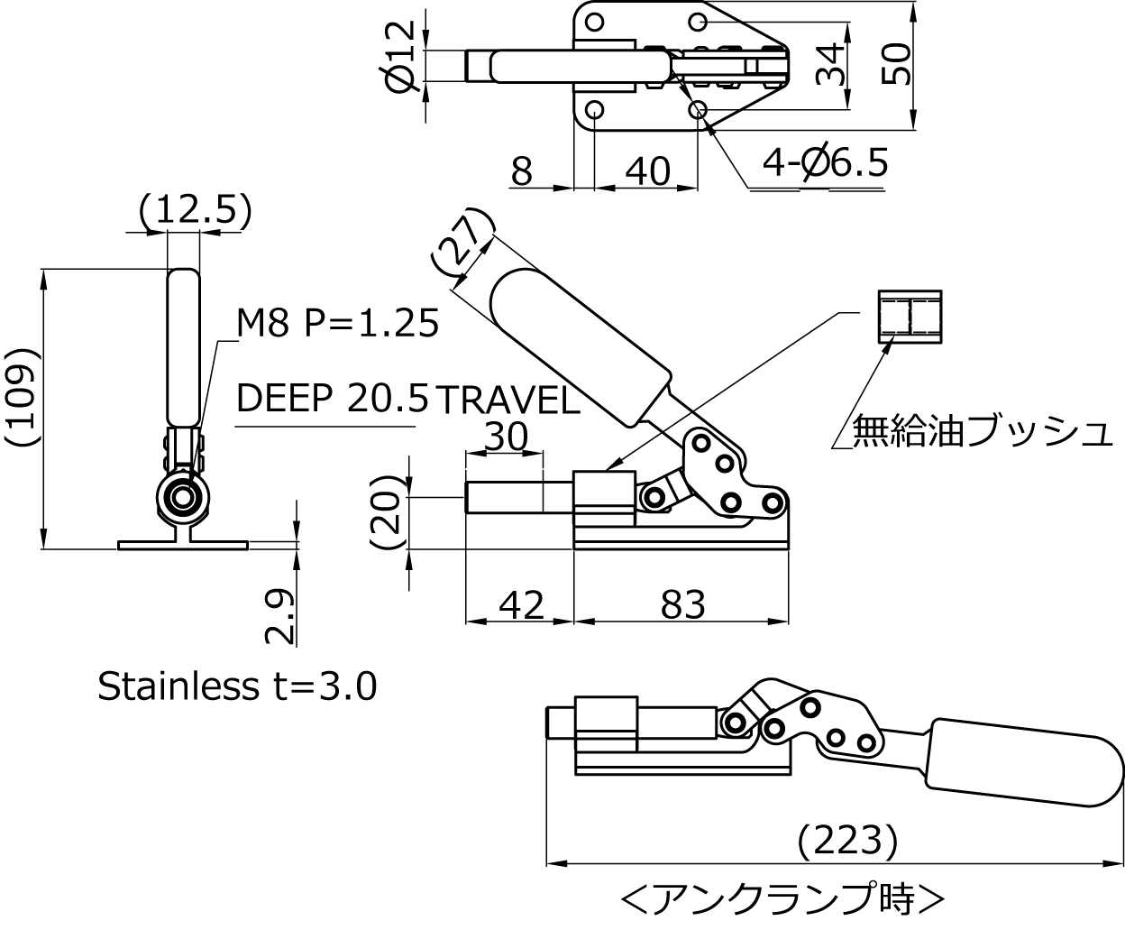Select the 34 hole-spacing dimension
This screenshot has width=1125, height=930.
tap(829, 65)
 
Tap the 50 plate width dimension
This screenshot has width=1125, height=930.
tap(895, 64)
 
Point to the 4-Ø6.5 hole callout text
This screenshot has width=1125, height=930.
tap(825, 162)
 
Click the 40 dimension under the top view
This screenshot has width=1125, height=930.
tap(647, 172)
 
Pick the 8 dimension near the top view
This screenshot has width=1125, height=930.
tap(522, 172)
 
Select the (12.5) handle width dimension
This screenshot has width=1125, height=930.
tap(196, 209)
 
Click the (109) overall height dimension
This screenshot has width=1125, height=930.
tap(23, 397)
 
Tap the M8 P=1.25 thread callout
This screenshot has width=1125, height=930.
tap(337, 324)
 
